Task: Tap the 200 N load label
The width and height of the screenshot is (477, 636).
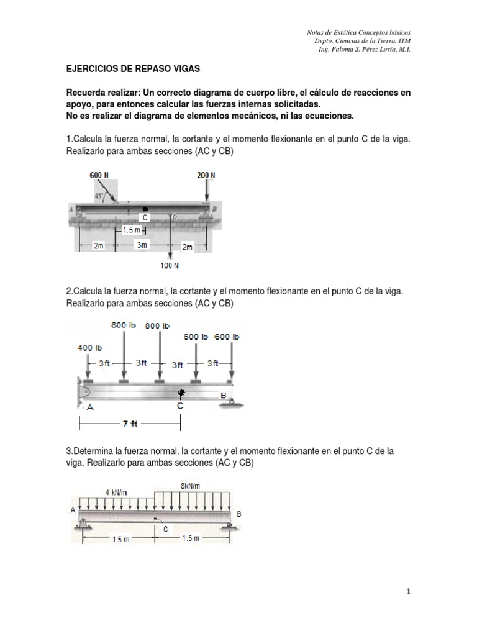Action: coord(206,175)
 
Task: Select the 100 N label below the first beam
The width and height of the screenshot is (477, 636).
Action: coord(170,266)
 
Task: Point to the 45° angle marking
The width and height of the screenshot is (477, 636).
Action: coord(99,196)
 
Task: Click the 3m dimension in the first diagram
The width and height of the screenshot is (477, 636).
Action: coord(142,246)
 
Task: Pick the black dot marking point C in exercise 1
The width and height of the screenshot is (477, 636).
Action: coord(145,209)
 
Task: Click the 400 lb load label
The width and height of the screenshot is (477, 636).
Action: coord(89,348)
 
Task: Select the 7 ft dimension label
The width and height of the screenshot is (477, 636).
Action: coord(130,425)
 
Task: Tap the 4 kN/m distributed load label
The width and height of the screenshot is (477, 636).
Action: coord(115,493)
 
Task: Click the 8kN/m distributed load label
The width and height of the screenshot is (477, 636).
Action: coord(191,486)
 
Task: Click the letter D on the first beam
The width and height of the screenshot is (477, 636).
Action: coord(176,217)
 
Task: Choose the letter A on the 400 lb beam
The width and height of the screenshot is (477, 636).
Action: coord(91,407)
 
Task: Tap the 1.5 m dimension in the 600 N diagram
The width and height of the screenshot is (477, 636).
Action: coord(132,230)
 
